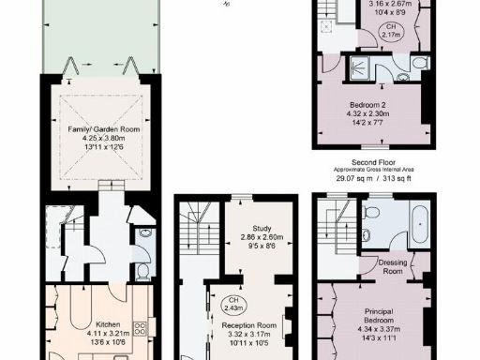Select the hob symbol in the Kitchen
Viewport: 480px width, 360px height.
coord(141,328)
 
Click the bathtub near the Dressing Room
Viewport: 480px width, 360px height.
coord(414,224)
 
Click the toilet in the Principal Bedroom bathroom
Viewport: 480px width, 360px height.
coord(370,225)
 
